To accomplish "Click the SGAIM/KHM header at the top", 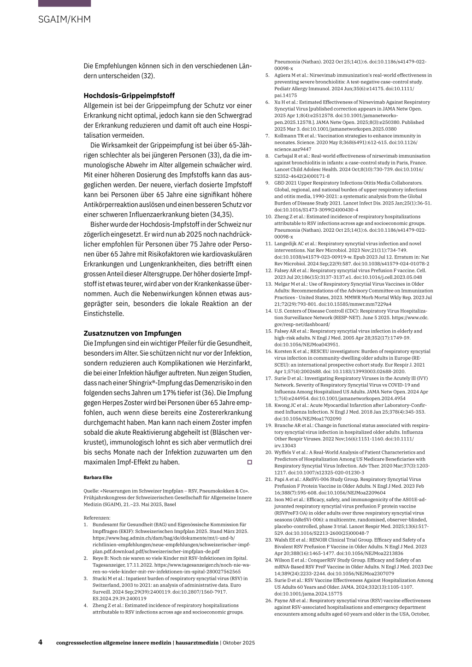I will pyautogui.click(x=65, y=19).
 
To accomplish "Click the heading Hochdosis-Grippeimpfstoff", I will pyautogui.click(x=129, y=96).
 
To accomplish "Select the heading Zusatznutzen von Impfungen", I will pyautogui.click(x=132, y=333).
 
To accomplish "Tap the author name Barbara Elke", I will pyautogui.click(x=98, y=477).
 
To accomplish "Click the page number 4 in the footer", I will pyautogui.click(x=41, y=642).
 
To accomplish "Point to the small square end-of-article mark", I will pyautogui.click(x=249, y=462).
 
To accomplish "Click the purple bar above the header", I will pyautogui.click(x=65, y=3).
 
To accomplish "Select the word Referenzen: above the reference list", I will pyautogui.click(x=97, y=517).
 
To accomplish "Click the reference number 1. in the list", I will pyautogui.click(x=86, y=524).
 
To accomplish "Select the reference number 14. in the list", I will pyautogui.click(x=268, y=311).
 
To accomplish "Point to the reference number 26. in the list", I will pyautogui.click(x=268, y=601).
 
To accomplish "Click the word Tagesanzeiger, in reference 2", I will pyautogui.click(x=109, y=565).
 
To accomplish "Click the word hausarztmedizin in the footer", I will pyautogui.click(x=196, y=643).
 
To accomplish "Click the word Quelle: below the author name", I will pyautogui.click(x=91, y=491).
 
